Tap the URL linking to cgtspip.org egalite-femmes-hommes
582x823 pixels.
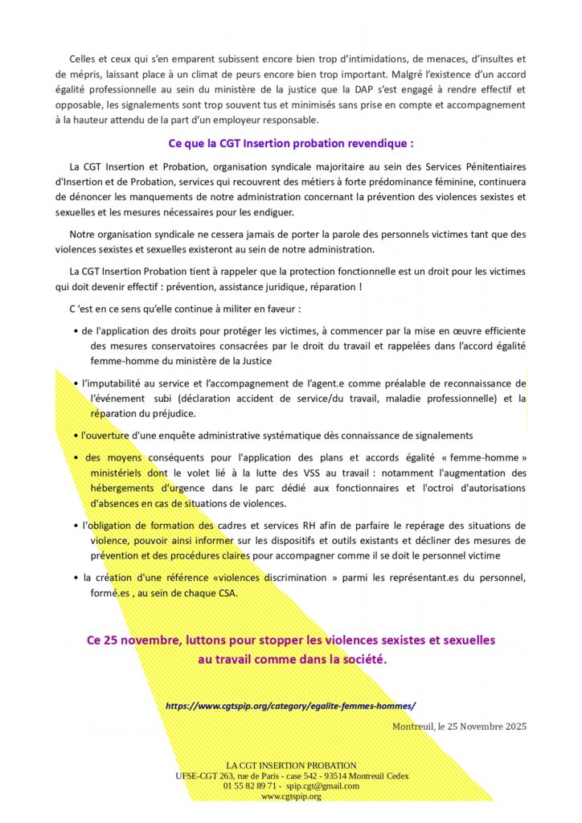pyautogui.click(x=290, y=706)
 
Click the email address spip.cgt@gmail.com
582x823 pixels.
pyautogui.click(x=322, y=785)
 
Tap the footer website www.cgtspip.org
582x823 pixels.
pyautogui.click(x=291, y=796)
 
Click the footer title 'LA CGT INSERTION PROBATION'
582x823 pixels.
pyautogui.click(x=291, y=765)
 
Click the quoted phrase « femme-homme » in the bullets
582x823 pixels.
pyautogui.click(x=492, y=457)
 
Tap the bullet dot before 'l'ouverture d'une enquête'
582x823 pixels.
pyautogui.click(x=74, y=436)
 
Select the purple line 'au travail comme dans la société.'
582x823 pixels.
pyautogui.click(x=292, y=660)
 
